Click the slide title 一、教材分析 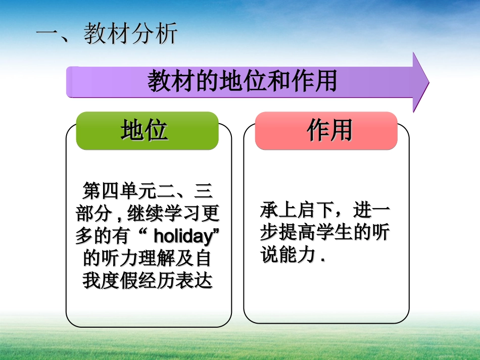pos(107,35)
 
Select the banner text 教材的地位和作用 pos(242,81)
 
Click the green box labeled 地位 pos(147,131)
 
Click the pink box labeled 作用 pos(326,131)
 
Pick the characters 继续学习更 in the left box pos(175,214)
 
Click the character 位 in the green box pos(157,131)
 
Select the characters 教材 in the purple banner pos(165,81)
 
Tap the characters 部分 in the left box pos(93,214)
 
